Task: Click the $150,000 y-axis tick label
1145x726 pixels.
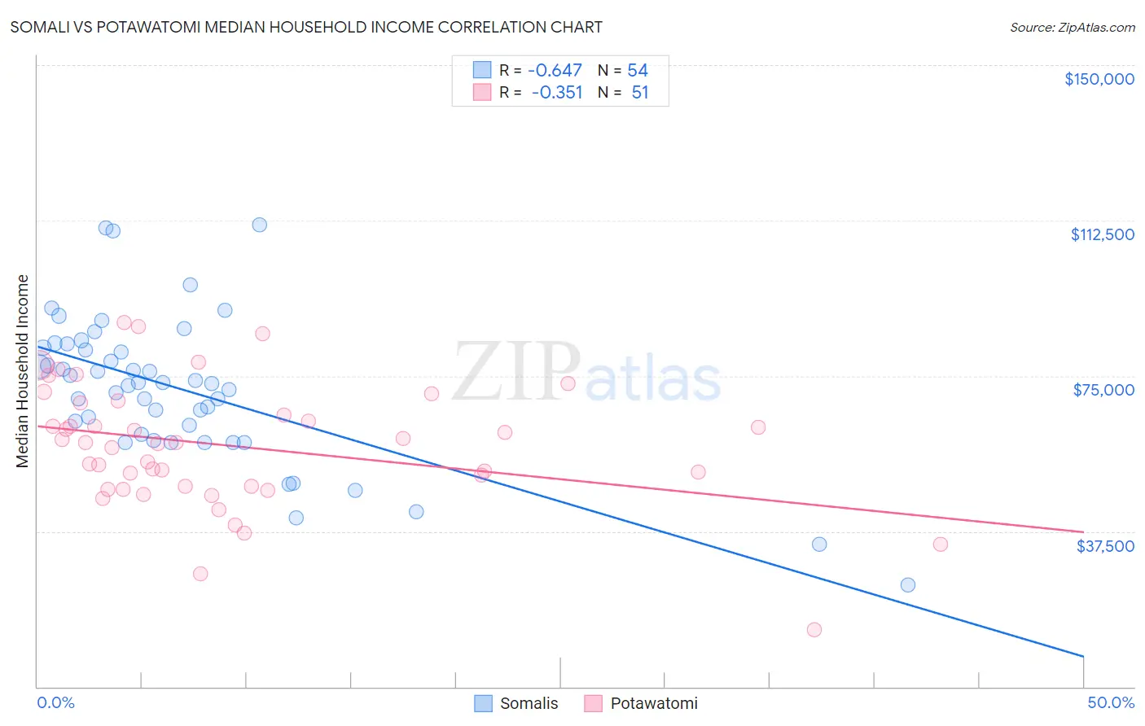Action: (x=1099, y=79)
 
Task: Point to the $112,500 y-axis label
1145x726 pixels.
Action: (x=1102, y=234)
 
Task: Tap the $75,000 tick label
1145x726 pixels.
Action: (x=1103, y=390)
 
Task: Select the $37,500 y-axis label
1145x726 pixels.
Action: (x=1105, y=546)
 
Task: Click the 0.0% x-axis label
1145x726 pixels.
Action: (x=55, y=703)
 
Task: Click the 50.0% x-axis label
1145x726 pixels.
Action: (x=1111, y=703)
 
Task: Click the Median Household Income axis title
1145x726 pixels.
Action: (x=23, y=371)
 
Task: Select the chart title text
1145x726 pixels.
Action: (x=306, y=27)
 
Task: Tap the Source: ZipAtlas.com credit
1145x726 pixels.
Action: (x=1072, y=28)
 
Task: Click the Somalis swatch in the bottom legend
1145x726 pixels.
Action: (x=484, y=703)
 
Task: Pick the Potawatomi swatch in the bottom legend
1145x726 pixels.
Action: (x=593, y=703)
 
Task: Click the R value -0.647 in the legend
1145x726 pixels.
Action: (x=555, y=71)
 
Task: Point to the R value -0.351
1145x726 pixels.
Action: (x=557, y=93)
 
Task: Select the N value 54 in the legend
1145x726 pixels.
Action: (x=638, y=71)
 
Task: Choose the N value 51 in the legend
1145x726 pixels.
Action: (x=640, y=93)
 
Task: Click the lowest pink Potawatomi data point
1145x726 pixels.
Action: (x=814, y=629)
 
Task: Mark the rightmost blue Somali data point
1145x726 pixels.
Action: (x=907, y=585)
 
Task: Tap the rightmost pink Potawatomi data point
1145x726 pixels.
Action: (x=940, y=544)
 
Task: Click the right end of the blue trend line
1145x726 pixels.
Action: (x=1083, y=656)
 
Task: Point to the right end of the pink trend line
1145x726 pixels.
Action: (x=1083, y=531)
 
